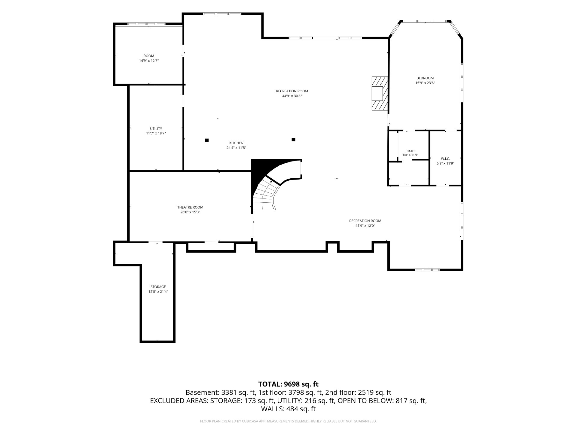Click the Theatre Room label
(190, 207)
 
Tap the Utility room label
(156, 129)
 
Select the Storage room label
(158, 287)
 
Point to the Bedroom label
(425, 78)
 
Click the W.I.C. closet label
(445, 159)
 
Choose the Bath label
(411, 151)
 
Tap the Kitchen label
(236, 143)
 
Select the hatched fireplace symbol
(380, 93)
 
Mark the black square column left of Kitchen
(207, 140)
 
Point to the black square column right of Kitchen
(294, 140)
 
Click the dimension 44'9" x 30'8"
(292, 96)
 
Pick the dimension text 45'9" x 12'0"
(365, 226)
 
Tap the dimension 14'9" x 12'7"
(149, 61)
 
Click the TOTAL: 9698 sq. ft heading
(288, 384)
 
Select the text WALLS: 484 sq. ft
(288, 409)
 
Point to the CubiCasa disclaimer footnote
(288, 421)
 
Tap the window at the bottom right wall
(427, 270)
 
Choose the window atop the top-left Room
(146, 24)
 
